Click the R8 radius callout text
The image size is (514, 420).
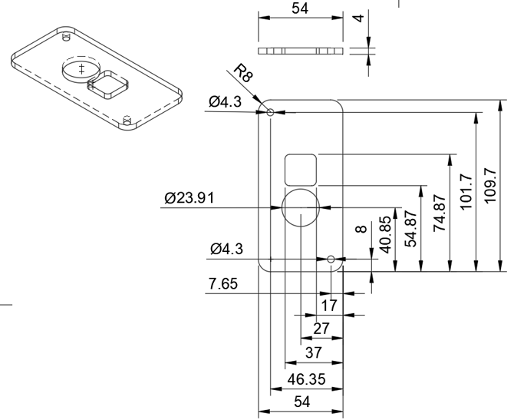tap(243, 73)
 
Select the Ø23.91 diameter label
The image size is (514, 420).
tap(189, 198)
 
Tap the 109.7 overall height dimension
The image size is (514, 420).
tap(490, 185)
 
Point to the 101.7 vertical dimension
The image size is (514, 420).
tap(466, 192)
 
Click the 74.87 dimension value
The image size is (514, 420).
tap(440, 213)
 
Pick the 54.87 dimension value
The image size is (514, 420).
tap(410, 230)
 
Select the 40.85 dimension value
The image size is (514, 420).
tap(385, 235)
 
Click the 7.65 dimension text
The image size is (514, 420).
tap(223, 283)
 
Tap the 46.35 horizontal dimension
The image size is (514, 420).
tap(307, 379)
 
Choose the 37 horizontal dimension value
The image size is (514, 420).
tap(313, 352)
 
